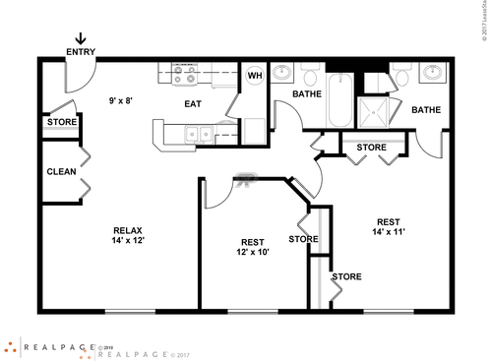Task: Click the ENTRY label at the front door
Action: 81,79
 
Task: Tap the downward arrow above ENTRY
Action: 80,65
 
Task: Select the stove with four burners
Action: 184,99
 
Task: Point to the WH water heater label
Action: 254,103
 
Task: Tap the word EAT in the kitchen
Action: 194,103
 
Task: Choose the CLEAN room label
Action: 61,171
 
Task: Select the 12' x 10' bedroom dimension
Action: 253,253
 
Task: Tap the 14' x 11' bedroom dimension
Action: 389,232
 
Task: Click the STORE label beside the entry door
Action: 61,123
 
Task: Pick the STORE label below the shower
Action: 372,148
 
